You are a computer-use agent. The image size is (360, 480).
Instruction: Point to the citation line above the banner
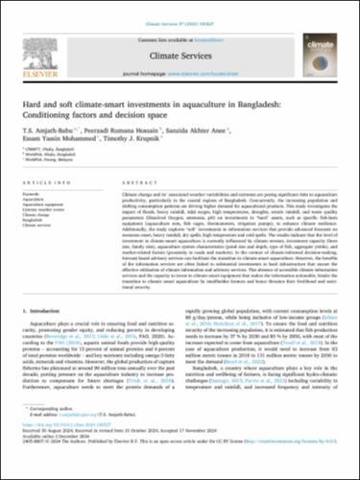tap(180, 12)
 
